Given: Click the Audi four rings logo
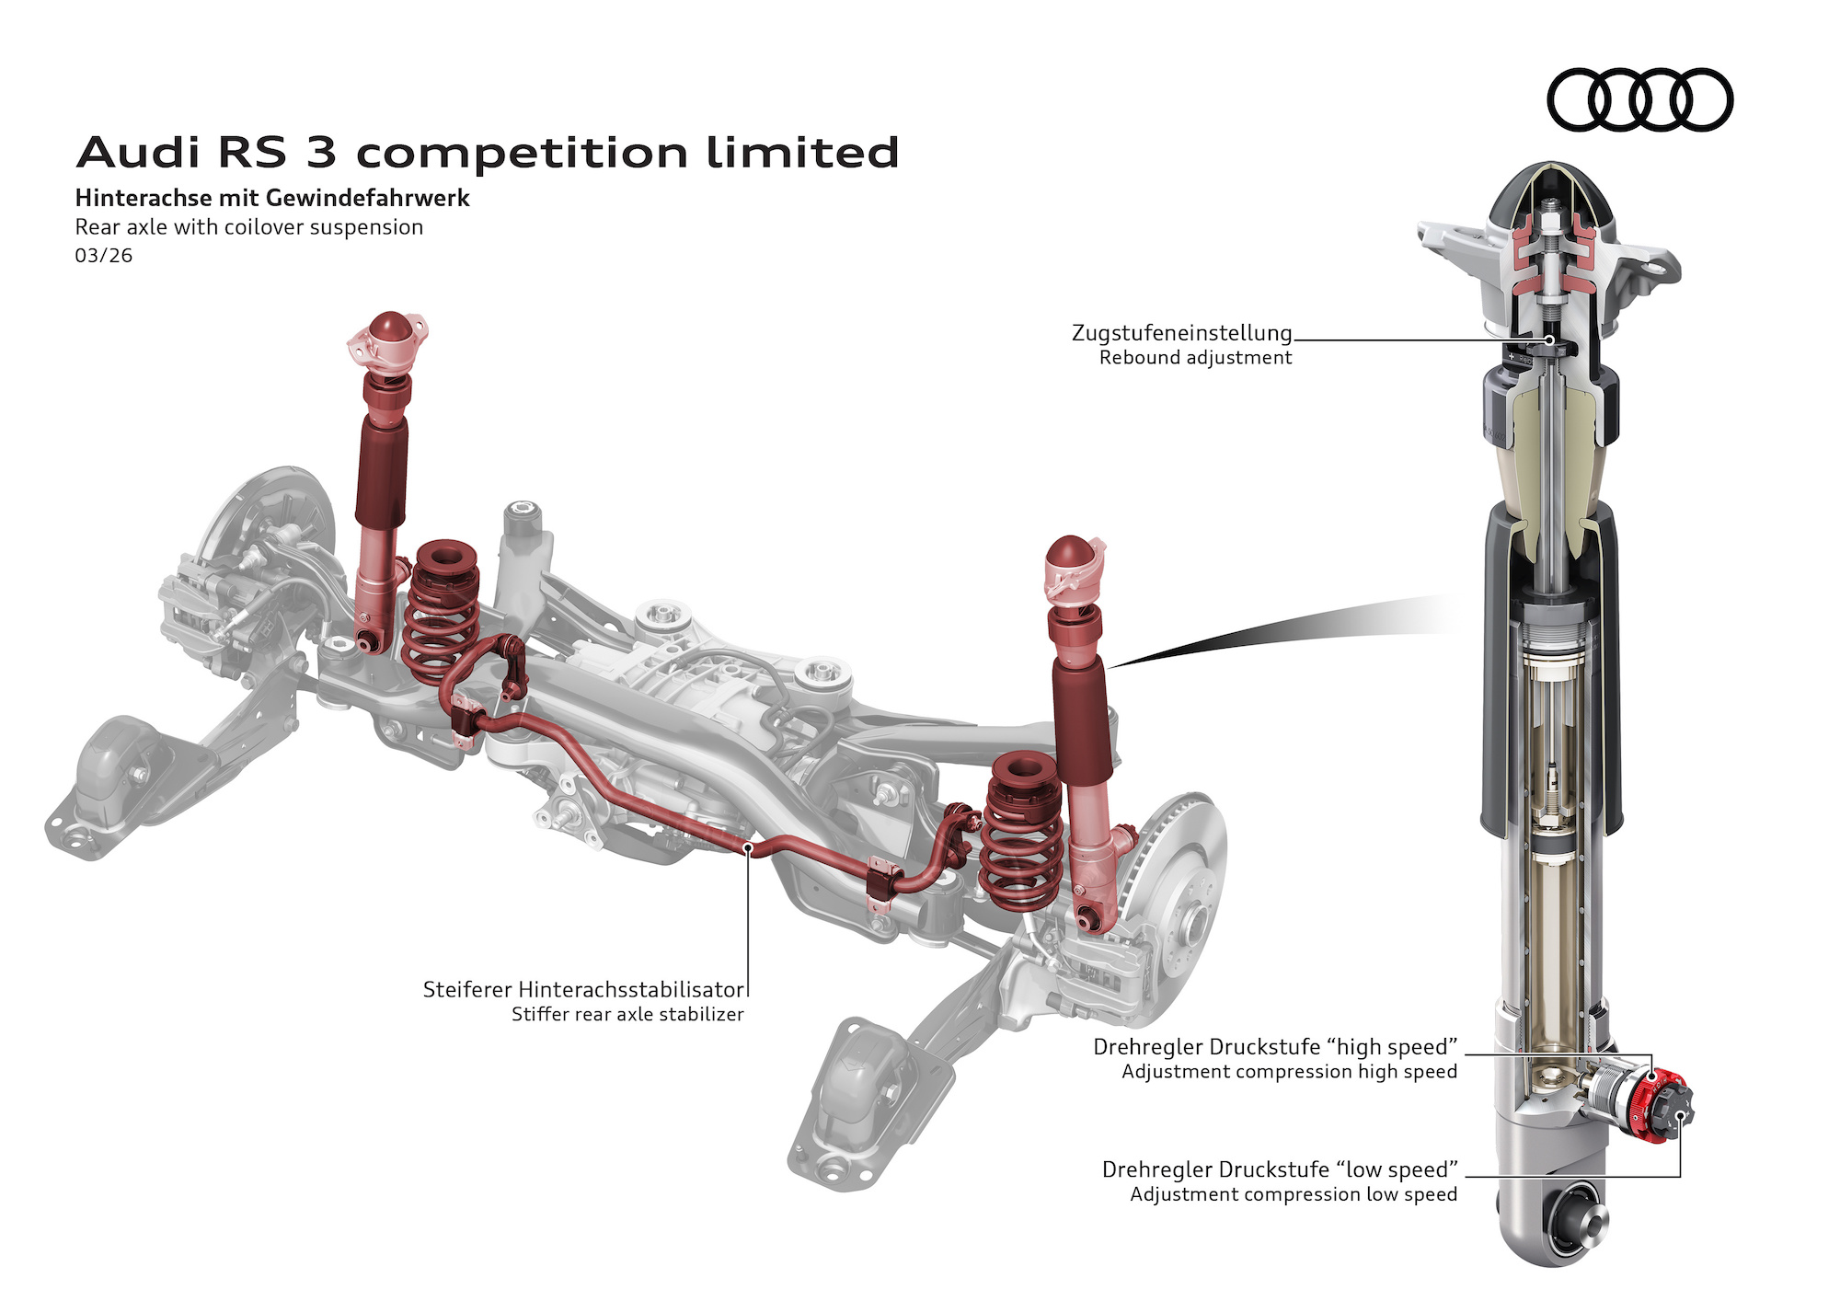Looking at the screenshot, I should pos(1639,99).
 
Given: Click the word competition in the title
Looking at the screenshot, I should pos(522,153).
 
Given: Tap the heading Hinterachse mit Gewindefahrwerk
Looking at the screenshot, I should pos(272,198).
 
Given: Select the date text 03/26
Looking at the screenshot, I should pos(103,256).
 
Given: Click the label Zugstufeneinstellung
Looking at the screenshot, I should pos(1181,333).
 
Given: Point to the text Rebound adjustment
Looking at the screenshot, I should pos(1195,358).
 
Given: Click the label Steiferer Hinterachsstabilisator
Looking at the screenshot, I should pos(583,990).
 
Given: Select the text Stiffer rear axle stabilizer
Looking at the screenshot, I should pos(627,1015).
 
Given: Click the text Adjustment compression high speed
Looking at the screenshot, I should pos(1289,1072).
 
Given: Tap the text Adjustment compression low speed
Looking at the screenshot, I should pos(1293,1194).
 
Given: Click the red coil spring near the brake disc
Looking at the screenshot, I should pos(1021,833).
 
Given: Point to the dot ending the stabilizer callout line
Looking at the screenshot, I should pos(749,849).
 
